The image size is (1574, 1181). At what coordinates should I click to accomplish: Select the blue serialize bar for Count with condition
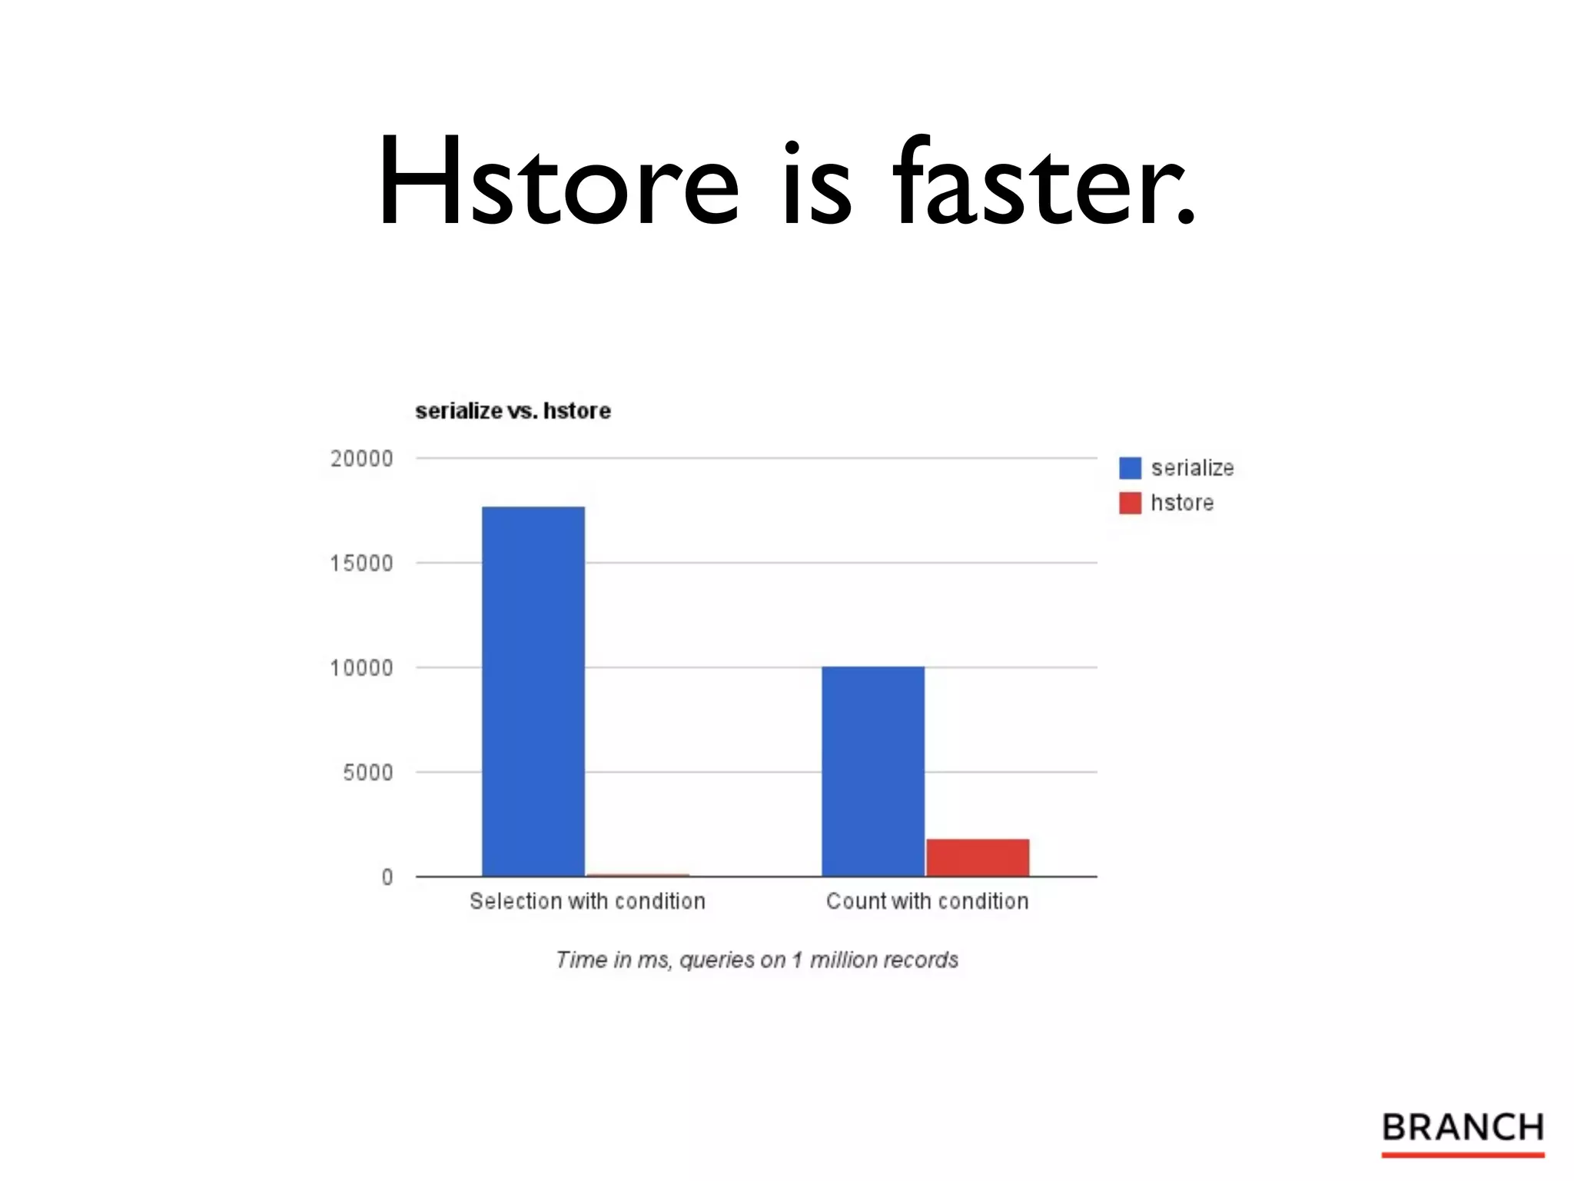(x=873, y=770)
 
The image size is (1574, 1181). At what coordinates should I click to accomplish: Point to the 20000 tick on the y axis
(x=361, y=459)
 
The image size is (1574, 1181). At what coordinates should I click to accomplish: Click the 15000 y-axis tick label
(x=361, y=564)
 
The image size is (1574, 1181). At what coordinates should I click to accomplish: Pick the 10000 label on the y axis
(x=361, y=668)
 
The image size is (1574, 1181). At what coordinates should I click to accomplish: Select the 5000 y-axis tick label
(x=367, y=773)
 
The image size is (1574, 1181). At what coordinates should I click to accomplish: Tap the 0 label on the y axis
(x=387, y=877)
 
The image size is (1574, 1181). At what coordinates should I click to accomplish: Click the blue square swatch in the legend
(x=1130, y=467)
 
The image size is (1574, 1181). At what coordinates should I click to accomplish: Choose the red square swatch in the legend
(x=1130, y=503)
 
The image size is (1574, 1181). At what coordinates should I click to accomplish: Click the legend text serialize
(x=1192, y=467)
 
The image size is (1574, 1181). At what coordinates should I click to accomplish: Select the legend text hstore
(x=1182, y=503)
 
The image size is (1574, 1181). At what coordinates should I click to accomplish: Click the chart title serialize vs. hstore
(x=513, y=411)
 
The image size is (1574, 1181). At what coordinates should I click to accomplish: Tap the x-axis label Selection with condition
(x=587, y=901)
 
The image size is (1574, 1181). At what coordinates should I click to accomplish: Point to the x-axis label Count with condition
(x=927, y=901)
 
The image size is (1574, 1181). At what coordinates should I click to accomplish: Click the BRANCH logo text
(x=1463, y=1127)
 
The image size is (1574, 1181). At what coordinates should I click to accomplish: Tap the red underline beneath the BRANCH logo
(x=1463, y=1154)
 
